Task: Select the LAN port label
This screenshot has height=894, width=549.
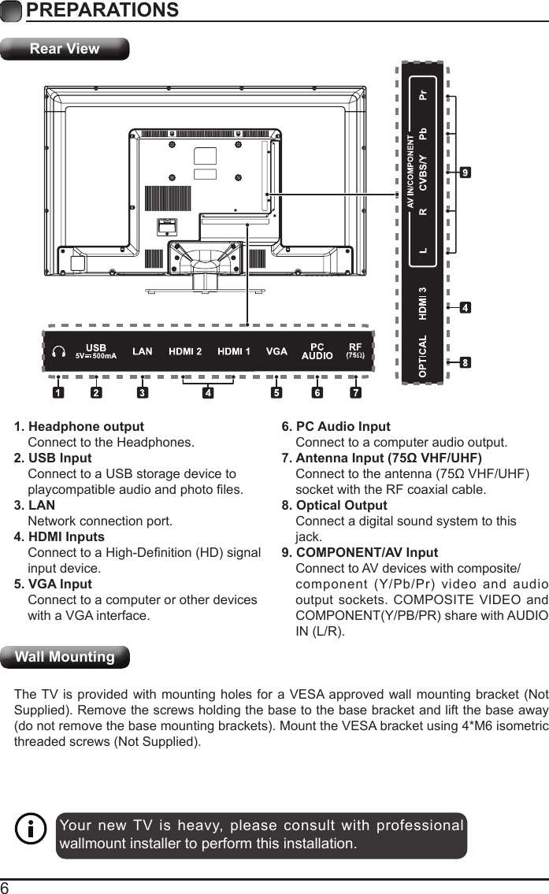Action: click(142, 352)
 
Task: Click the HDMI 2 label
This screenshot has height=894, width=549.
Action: click(186, 352)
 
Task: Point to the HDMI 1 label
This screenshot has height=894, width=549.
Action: click(234, 352)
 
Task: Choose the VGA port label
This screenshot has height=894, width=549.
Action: click(276, 352)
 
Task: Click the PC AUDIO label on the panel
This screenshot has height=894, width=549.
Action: click(317, 351)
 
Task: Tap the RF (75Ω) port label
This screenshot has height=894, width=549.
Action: click(355, 351)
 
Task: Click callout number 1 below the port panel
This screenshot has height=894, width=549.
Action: click(57, 391)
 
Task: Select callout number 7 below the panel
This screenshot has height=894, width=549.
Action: click(356, 391)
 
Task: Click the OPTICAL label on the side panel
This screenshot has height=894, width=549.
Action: click(424, 356)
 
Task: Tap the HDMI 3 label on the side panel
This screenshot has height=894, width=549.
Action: click(424, 304)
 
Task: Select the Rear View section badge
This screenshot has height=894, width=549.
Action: click(65, 49)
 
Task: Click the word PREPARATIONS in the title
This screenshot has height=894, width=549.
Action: click(102, 10)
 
